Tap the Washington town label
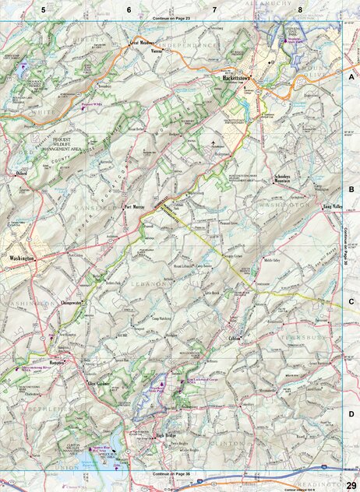[x=22, y=258]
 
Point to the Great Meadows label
[x=144, y=43]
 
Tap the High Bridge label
[x=167, y=435]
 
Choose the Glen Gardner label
[x=101, y=384]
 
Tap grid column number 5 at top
[x=44, y=9]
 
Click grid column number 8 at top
[x=299, y=9]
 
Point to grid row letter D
[x=351, y=414]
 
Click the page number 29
[x=351, y=485]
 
